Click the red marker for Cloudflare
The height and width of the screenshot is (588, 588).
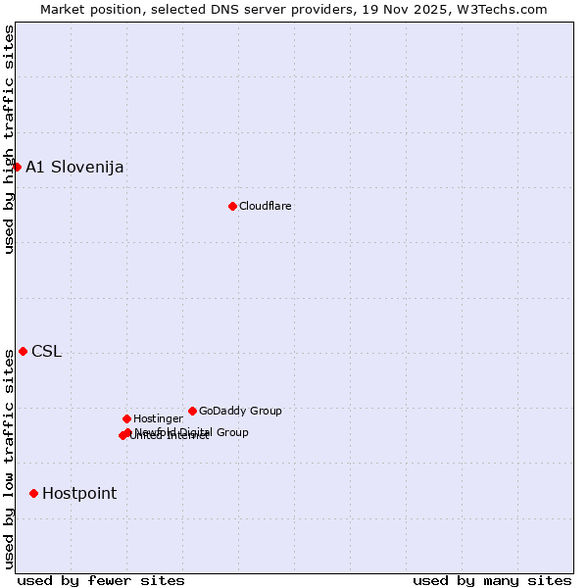click(x=232, y=206)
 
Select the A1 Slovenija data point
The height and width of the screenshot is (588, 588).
click(x=17, y=167)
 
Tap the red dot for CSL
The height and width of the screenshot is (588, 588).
click(x=23, y=351)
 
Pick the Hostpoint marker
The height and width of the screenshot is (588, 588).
click(x=33, y=493)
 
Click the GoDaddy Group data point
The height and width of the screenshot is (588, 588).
click(x=192, y=411)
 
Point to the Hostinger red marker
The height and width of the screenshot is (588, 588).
click(x=126, y=418)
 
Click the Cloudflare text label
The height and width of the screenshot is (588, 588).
click(x=266, y=206)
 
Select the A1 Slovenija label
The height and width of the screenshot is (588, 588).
click(x=74, y=167)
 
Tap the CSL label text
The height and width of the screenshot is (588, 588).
click(x=46, y=351)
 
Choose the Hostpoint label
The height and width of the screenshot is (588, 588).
click(x=79, y=493)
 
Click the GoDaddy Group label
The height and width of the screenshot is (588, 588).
click(x=240, y=411)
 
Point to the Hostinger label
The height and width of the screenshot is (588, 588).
click(x=158, y=418)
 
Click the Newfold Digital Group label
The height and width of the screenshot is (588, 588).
click(x=192, y=431)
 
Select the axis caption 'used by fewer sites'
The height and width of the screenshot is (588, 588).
click(x=101, y=580)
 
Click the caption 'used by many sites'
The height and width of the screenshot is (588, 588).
click(x=492, y=580)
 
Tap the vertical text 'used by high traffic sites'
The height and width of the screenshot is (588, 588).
click(x=9, y=139)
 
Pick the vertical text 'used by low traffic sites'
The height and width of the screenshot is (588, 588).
click(x=9, y=459)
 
